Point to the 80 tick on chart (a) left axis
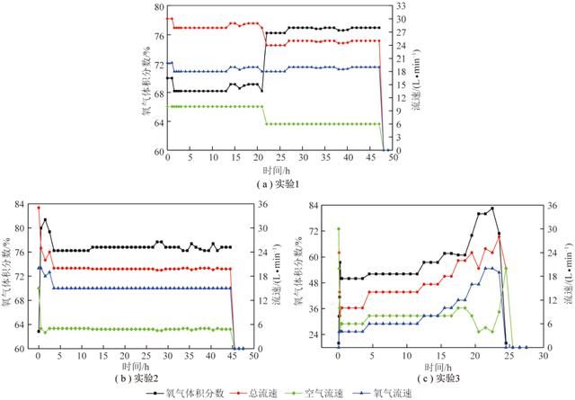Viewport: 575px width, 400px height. (x=158, y=7)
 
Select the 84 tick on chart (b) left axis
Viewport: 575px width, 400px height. (x=20, y=205)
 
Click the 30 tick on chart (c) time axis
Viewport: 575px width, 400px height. (x=544, y=356)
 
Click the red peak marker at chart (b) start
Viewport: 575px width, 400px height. (x=39, y=209)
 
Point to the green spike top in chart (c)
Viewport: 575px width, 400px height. (x=339, y=229)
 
